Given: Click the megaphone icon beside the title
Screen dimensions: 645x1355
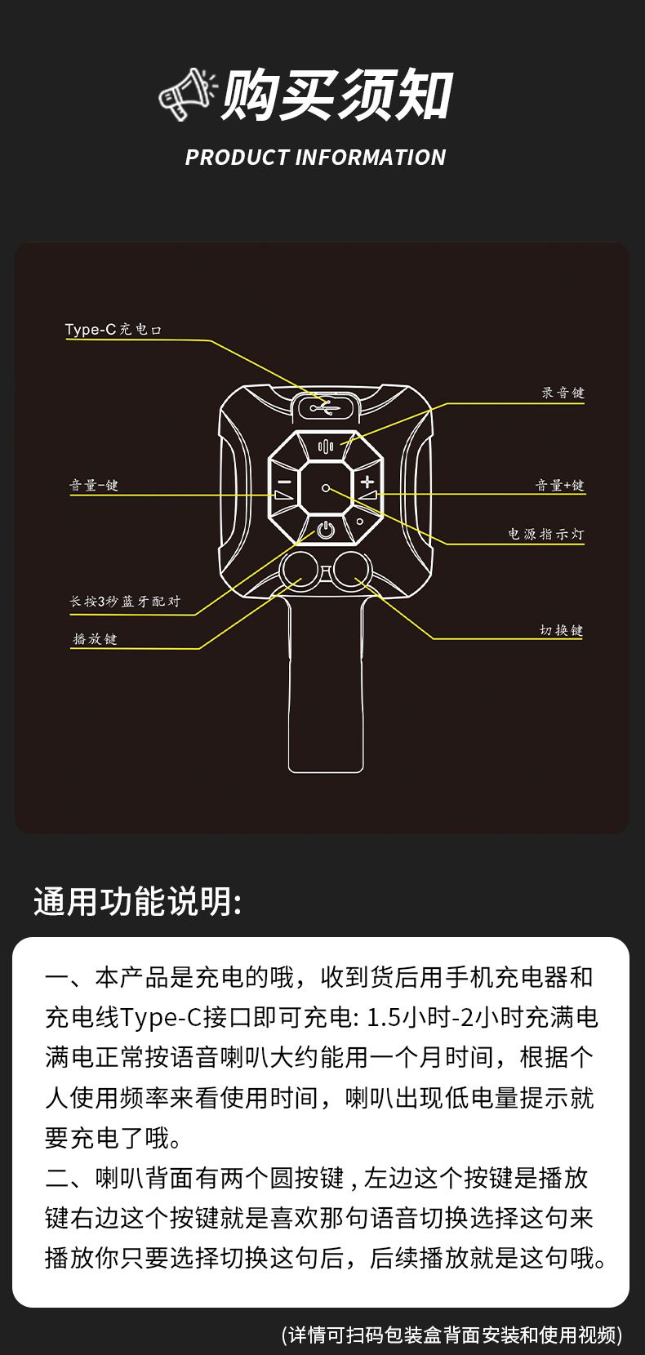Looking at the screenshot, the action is tap(187, 94).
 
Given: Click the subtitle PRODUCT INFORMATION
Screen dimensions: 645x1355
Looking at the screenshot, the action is tap(316, 158).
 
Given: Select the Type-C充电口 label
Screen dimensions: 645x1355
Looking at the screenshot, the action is tap(113, 330).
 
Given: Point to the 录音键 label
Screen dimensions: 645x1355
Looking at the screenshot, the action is tap(563, 393).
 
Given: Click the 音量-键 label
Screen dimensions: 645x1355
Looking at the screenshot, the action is tap(94, 486).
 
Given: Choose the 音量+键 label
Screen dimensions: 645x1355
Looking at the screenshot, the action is tap(559, 486).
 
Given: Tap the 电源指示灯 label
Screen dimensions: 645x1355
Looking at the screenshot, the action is tap(545, 534).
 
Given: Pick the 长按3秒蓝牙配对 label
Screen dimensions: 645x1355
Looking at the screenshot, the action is tap(125, 602).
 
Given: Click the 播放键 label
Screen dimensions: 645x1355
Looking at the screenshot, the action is tap(95, 639).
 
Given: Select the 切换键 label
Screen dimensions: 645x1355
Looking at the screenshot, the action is tap(561, 630).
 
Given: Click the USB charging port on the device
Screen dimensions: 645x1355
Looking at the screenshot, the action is tap(325, 406).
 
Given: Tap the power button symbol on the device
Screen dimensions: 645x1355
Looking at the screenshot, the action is tap(326, 530).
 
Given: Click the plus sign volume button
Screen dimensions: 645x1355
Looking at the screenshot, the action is tap(367, 482).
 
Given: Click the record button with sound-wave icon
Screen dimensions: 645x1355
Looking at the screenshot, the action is tap(326, 446).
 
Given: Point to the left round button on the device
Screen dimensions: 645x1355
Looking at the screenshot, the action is tap(300, 569).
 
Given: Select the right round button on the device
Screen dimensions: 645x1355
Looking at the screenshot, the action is tap(352, 569).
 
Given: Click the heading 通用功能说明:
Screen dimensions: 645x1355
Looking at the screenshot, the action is tap(138, 902).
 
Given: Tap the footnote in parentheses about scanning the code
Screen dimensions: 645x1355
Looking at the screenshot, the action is tap(451, 1334).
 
